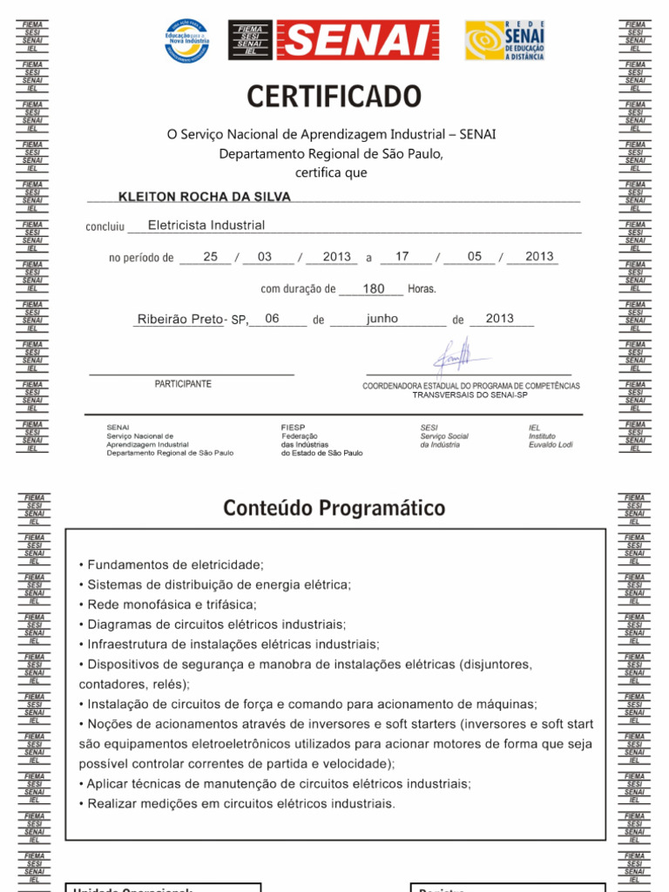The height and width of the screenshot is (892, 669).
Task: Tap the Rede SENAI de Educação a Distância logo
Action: point(504,40)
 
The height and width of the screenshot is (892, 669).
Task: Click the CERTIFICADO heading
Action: point(334,97)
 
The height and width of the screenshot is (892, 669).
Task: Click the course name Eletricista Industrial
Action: point(206,226)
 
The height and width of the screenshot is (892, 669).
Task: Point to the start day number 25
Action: point(210,257)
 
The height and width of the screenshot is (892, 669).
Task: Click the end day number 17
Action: point(402,257)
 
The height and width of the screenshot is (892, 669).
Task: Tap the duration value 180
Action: point(374,288)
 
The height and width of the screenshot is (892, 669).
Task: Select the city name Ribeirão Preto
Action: point(180,320)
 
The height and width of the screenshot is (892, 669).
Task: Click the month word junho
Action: point(382,319)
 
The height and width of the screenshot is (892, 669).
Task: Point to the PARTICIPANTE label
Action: point(183,384)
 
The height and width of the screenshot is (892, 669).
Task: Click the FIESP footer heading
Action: point(294,428)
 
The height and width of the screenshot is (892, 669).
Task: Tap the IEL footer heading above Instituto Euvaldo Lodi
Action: point(534,428)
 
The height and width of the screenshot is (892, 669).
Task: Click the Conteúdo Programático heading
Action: point(334,508)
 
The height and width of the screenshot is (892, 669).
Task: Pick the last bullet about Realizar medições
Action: point(237,803)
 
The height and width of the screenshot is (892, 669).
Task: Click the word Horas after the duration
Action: point(422,289)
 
